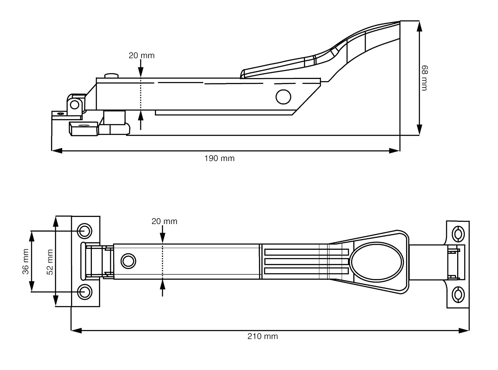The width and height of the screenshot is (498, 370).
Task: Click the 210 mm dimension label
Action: (x=262, y=336)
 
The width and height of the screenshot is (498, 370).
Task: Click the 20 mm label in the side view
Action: (x=142, y=56)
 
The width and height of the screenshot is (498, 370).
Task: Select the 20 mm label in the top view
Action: (x=164, y=221)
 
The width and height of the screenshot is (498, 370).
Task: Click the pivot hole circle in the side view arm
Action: (x=283, y=96)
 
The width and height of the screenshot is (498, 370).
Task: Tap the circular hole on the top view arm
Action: (x=128, y=260)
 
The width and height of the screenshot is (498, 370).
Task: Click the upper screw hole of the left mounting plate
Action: (x=84, y=231)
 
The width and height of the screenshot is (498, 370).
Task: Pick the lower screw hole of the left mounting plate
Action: (x=84, y=292)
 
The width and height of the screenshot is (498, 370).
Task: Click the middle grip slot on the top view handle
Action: (x=306, y=261)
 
